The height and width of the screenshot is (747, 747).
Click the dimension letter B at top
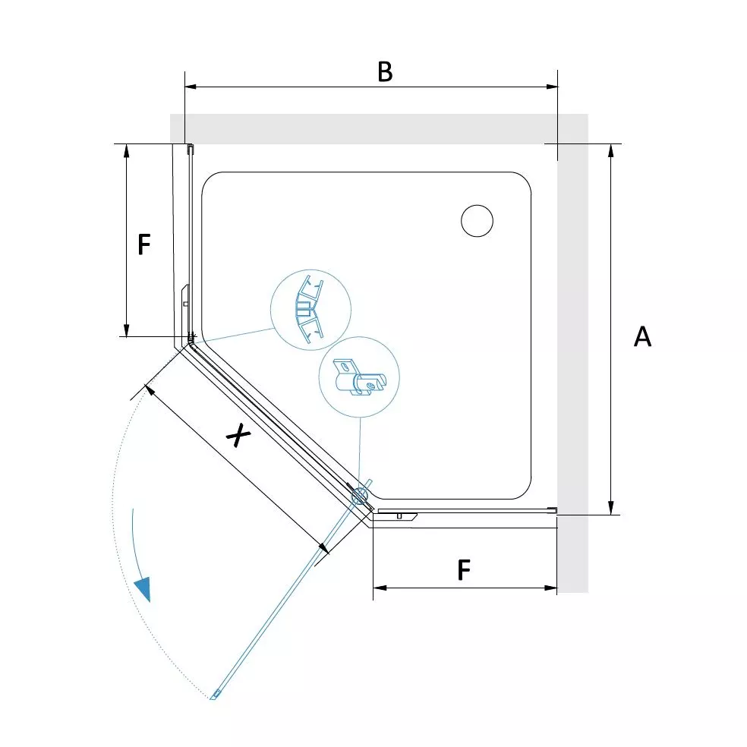[x=385, y=72]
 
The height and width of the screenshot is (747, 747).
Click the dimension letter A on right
[x=642, y=336]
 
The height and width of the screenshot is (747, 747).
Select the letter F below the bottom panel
[x=464, y=570]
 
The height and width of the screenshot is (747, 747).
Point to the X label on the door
[x=238, y=435]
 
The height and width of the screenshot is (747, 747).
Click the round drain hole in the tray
[x=477, y=221]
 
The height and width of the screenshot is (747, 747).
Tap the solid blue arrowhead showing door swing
[x=143, y=589]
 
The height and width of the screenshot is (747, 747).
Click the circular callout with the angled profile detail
[x=310, y=310]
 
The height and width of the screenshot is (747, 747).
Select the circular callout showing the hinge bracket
[x=359, y=377]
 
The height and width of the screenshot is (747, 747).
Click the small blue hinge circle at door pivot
[x=360, y=497]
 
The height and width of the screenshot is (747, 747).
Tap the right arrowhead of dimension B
[x=552, y=87]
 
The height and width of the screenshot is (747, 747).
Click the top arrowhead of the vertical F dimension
[x=126, y=150]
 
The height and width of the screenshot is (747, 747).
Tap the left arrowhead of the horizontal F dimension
[x=380, y=588]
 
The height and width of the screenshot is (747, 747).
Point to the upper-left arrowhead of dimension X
[x=150, y=389]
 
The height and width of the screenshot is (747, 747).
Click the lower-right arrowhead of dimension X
[x=324, y=548]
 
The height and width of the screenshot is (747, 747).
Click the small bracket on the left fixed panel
[x=186, y=298]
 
